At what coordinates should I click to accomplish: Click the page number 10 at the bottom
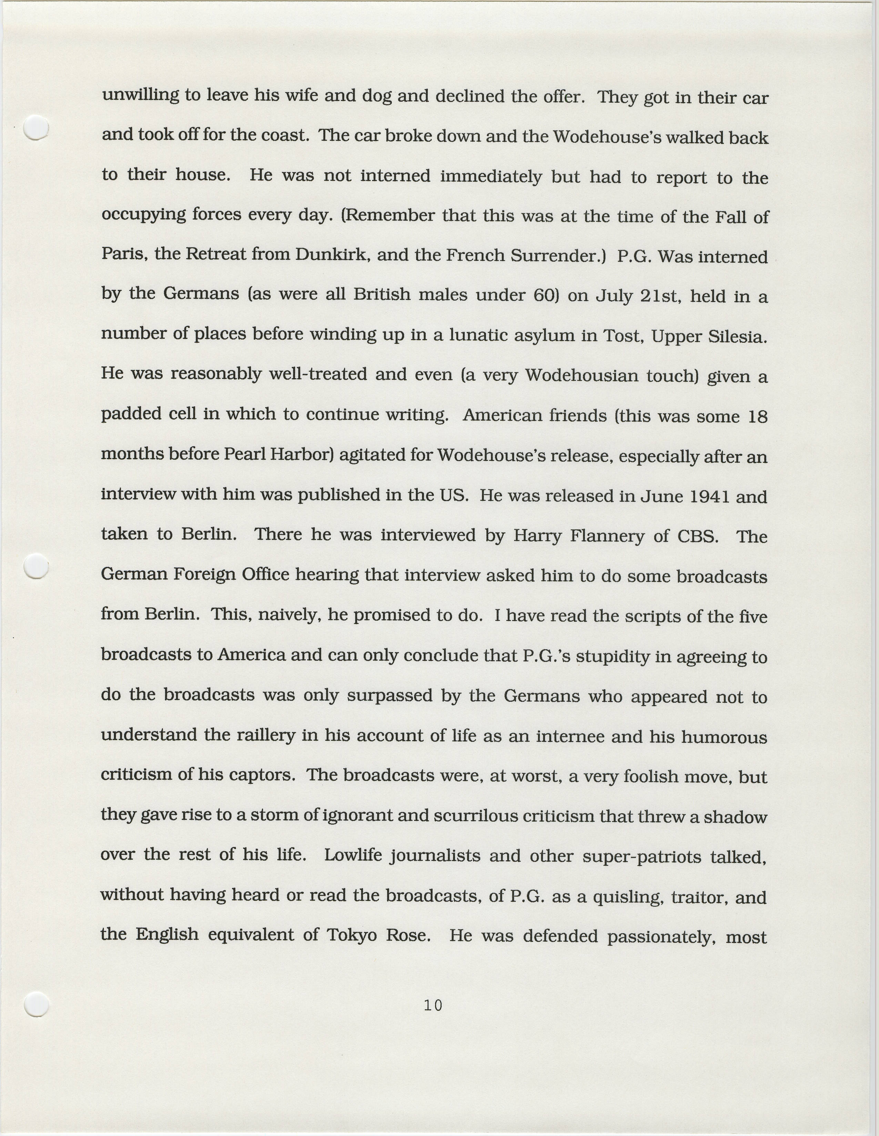click(x=433, y=1006)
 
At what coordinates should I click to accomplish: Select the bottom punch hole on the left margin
click(x=37, y=1004)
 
